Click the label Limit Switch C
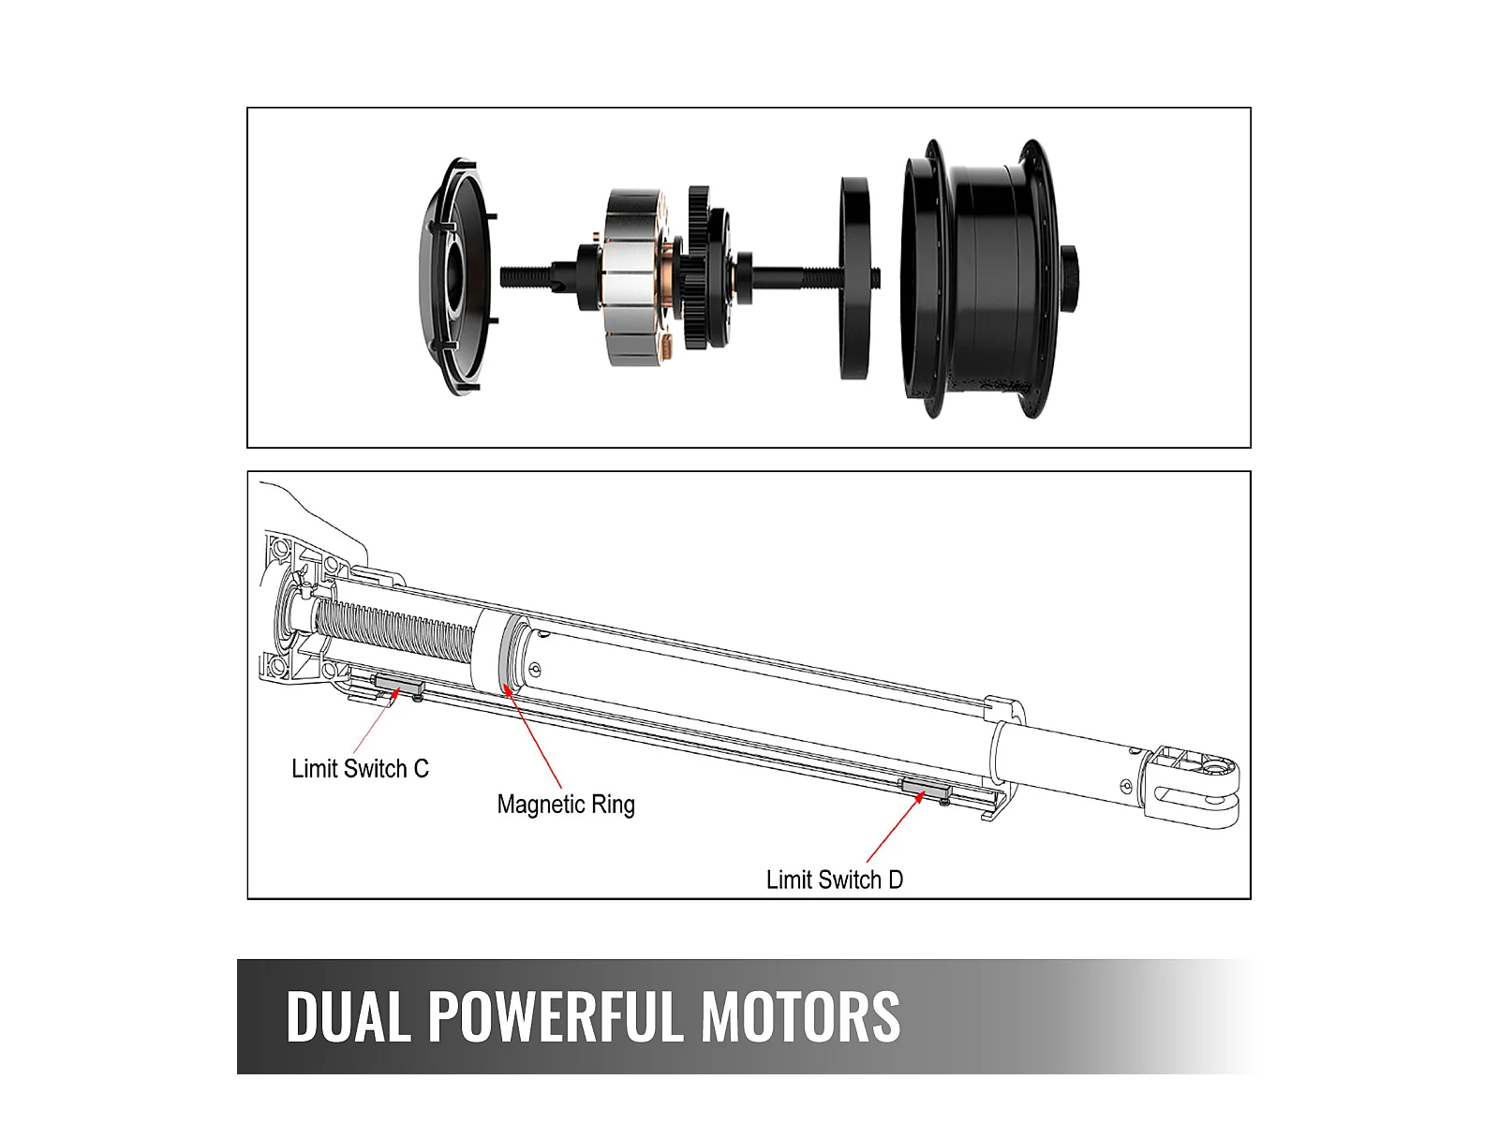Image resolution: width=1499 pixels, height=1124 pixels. click(x=360, y=769)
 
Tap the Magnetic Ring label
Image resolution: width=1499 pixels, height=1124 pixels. click(x=566, y=805)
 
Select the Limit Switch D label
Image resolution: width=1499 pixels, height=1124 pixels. click(x=834, y=880)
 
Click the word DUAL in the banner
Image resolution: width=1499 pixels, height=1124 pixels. click(x=348, y=1017)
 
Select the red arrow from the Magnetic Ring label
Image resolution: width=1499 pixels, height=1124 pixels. click(x=534, y=740)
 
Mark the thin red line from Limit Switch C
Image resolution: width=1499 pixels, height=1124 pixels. click(x=373, y=726)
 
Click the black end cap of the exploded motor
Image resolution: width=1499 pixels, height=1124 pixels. click(x=454, y=276)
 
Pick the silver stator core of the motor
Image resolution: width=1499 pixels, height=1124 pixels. click(x=632, y=276)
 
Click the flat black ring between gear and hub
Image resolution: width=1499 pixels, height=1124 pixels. click(x=854, y=278)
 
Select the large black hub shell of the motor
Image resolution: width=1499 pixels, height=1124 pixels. click(x=979, y=278)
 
